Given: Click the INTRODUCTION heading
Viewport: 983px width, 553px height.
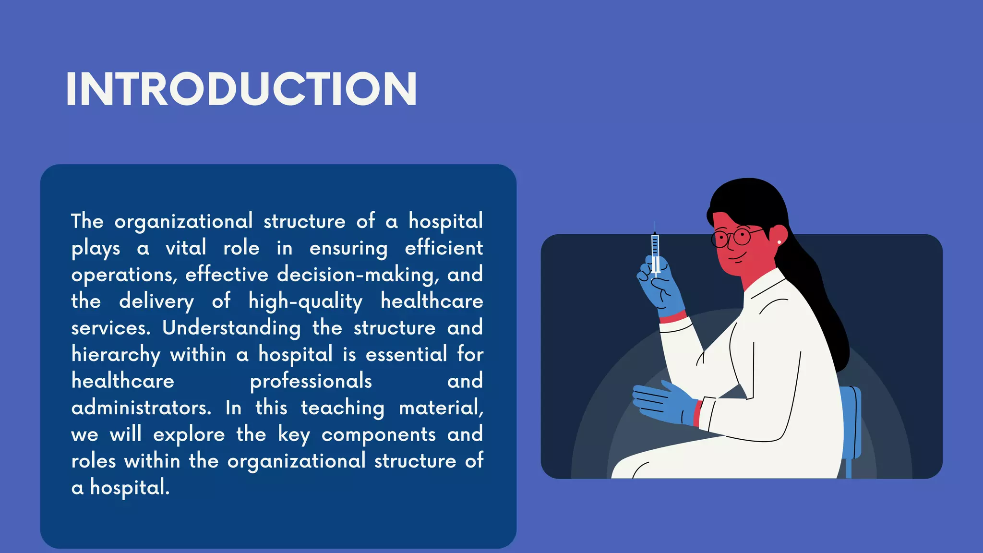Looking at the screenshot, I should (241, 89).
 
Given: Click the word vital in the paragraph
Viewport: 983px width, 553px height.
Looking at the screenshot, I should (186, 248).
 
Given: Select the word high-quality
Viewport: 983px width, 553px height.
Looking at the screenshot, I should (305, 302).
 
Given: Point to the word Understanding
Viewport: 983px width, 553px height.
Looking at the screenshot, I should (231, 328).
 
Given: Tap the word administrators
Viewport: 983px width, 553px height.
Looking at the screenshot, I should (141, 408).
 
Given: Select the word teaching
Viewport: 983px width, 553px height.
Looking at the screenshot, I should (342, 408).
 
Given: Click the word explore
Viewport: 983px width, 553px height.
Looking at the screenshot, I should (189, 435).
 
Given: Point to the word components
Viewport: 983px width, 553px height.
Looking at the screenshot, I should (378, 435).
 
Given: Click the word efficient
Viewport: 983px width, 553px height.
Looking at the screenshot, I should (444, 248).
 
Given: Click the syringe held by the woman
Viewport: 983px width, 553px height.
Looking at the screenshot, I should (655, 252).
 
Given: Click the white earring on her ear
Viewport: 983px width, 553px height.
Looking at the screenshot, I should (779, 242).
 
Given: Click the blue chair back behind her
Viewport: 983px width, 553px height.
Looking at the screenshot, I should (851, 422).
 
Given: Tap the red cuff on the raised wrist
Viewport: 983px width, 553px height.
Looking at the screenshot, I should (672, 317).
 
